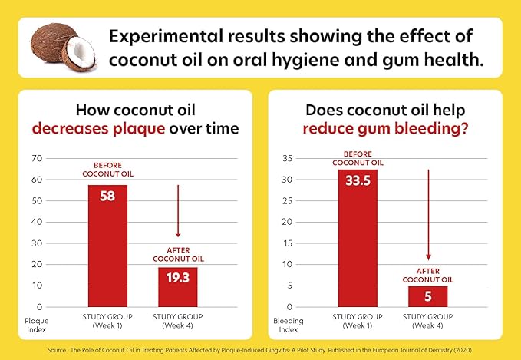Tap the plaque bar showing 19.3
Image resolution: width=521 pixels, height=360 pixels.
coord(178,286)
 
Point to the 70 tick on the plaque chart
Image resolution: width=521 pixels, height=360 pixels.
coord(36,158)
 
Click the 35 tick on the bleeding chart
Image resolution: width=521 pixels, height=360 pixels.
coord(287,159)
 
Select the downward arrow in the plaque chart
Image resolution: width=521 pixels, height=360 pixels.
coord(178,211)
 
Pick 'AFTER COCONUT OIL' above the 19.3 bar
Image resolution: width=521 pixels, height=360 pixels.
coord(178,253)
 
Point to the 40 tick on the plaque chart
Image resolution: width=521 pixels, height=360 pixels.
coord(36,222)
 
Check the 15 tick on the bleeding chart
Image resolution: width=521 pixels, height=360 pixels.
coord(287,243)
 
